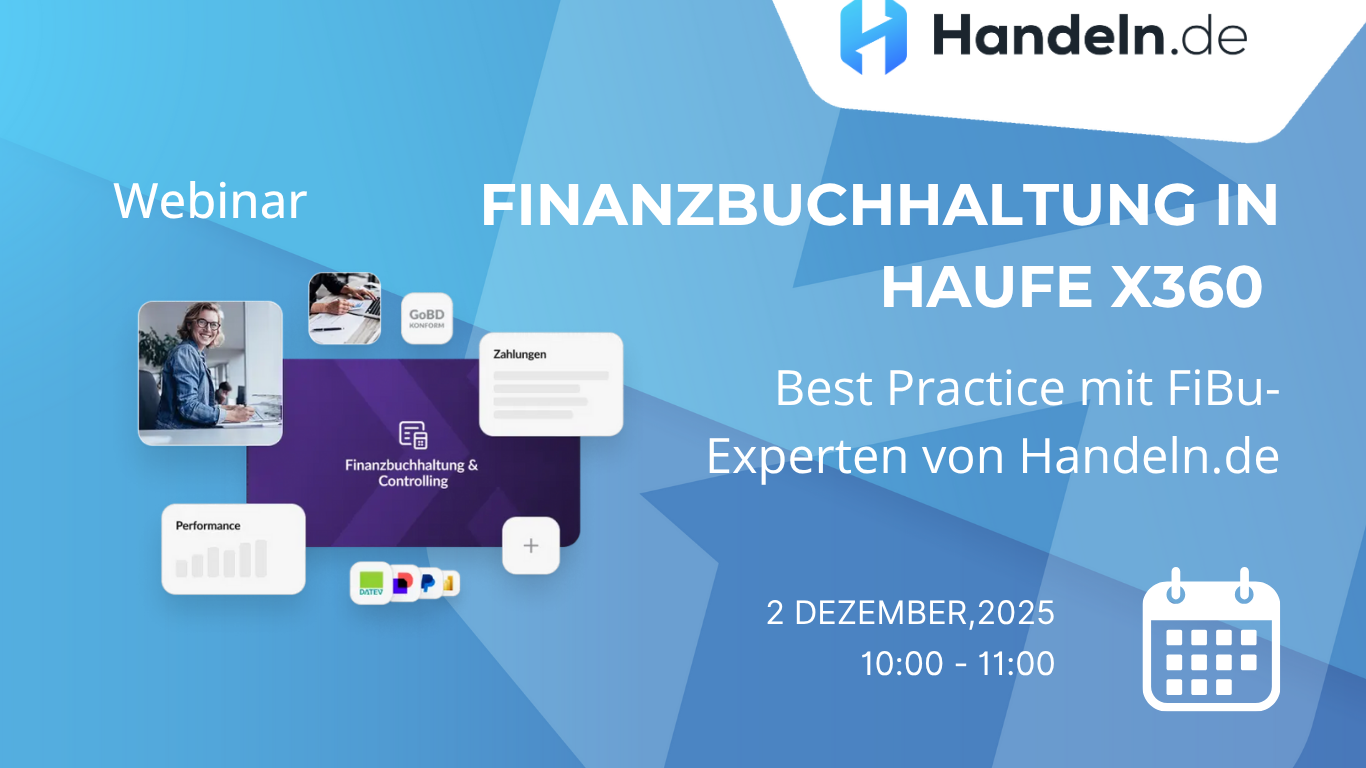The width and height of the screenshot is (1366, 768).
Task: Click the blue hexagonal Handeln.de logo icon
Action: click(873, 37)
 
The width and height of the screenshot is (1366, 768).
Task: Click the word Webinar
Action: click(210, 200)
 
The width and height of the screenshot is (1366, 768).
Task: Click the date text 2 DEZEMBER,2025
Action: click(910, 612)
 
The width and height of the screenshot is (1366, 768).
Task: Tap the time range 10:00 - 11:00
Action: click(957, 663)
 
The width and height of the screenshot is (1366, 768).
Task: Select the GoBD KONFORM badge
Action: click(426, 319)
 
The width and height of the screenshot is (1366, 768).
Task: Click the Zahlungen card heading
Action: click(520, 354)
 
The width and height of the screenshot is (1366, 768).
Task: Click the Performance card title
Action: click(208, 525)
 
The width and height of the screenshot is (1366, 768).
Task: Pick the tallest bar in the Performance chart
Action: click(261, 558)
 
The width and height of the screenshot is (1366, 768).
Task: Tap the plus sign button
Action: click(531, 546)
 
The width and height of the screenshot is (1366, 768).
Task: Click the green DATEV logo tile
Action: click(371, 582)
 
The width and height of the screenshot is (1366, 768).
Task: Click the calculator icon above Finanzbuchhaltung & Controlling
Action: click(413, 435)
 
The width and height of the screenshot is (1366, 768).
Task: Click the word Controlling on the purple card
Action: click(413, 481)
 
